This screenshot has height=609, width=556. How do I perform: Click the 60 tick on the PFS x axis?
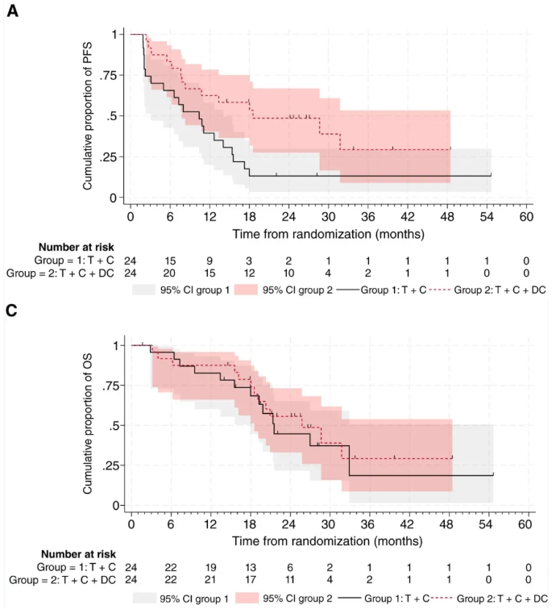pyautogui.click(x=525, y=217)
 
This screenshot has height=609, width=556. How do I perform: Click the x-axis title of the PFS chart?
pyautogui.click(x=327, y=233)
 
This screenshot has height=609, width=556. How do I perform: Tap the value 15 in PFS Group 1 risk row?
pyautogui.click(x=170, y=260)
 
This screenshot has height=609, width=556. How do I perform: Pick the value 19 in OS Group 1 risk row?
pyautogui.click(x=210, y=568)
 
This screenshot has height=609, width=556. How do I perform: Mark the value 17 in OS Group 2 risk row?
pyautogui.click(x=250, y=581)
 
